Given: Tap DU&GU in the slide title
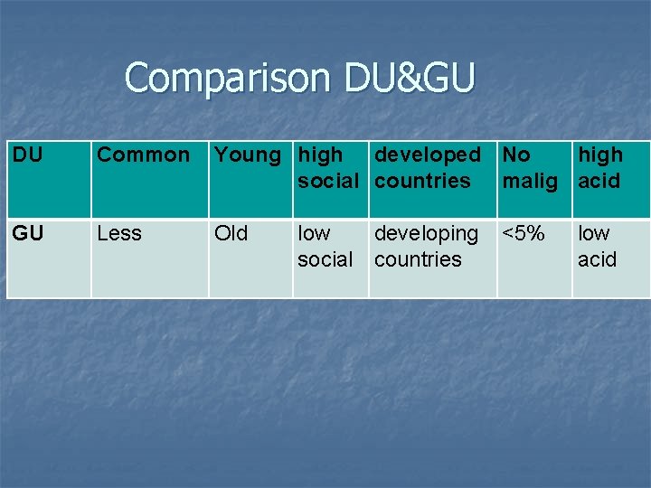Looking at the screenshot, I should [409, 78].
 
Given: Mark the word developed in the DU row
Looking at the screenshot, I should [428, 155].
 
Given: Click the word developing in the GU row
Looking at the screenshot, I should [427, 233].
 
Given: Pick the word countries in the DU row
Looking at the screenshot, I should [422, 181].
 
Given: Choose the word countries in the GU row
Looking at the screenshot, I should [418, 259].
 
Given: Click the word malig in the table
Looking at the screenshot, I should [531, 181].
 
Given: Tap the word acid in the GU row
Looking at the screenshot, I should [597, 259].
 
